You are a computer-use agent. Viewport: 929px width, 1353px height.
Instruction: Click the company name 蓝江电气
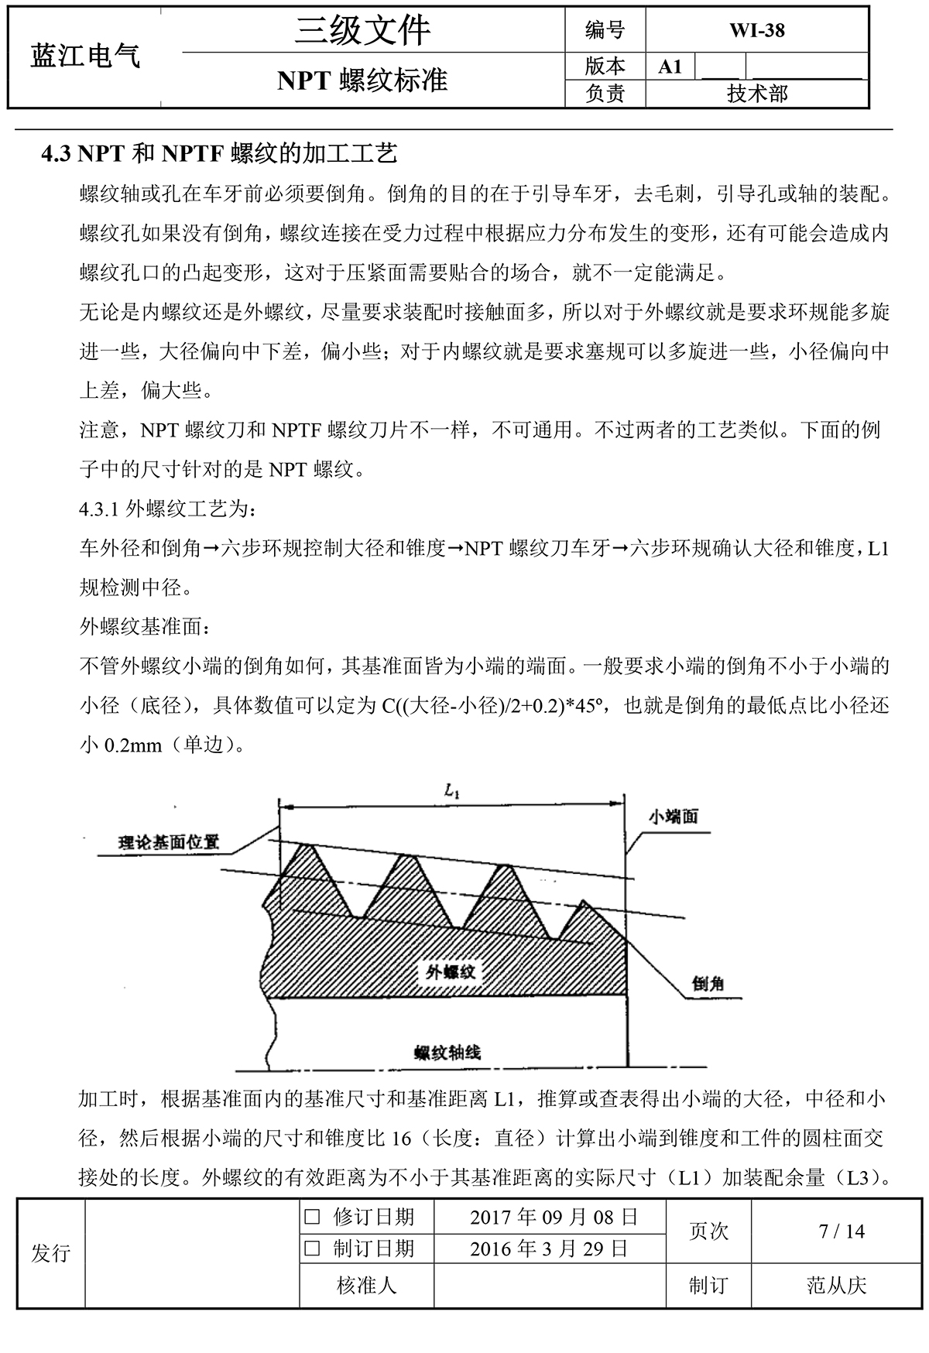click(85, 57)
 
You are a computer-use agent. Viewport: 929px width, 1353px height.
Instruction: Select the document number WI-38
click(756, 30)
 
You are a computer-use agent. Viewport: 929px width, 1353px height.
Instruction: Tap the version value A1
click(670, 67)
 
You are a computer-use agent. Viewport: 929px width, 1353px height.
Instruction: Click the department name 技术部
click(756, 94)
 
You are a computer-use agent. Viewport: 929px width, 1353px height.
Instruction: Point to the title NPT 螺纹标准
click(362, 80)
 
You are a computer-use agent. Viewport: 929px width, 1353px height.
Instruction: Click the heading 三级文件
click(362, 31)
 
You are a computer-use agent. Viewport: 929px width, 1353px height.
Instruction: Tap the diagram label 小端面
click(673, 817)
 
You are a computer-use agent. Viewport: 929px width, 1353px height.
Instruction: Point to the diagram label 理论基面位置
click(169, 842)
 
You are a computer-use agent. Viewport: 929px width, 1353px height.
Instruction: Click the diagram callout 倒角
click(708, 983)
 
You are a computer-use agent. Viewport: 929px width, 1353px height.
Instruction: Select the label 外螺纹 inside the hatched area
click(451, 972)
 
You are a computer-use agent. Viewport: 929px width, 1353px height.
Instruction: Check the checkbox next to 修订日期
click(312, 1218)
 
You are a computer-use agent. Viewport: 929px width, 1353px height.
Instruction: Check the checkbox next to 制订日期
click(312, 1249)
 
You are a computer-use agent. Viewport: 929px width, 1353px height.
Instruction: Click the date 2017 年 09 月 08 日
click(554, 1218)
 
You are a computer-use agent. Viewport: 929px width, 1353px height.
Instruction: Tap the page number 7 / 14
click(842, 1231)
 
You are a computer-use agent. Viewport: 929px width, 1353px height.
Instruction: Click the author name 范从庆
click(836, 1286)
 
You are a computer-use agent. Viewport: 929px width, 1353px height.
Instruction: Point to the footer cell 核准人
click(367, 1286)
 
